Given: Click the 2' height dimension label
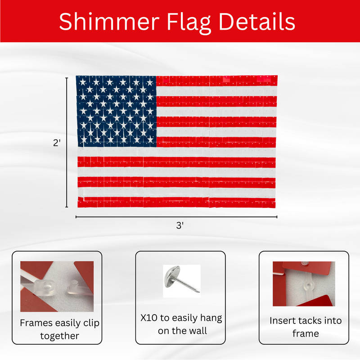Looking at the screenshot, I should click(x=56, y=142).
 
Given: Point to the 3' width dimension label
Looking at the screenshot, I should click(x=180, y=226).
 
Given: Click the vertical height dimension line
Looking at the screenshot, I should click(x=67, y=142).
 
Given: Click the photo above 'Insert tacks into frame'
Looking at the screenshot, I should click(x=303, y=283).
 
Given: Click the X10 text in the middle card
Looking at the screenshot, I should click(x=150, y=319).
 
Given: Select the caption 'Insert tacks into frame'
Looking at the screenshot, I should click(x=306, y=327).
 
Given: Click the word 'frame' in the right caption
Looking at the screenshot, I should click(x=306, y=333).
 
